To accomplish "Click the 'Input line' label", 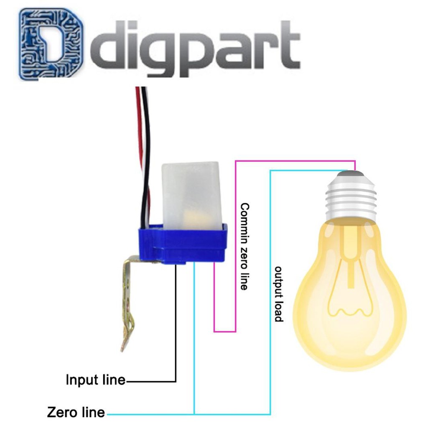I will tap(96, 380).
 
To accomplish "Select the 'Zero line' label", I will tap(76, 412).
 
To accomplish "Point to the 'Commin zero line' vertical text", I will tap(245, 246).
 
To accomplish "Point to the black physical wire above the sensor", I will tap(145, 125).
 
